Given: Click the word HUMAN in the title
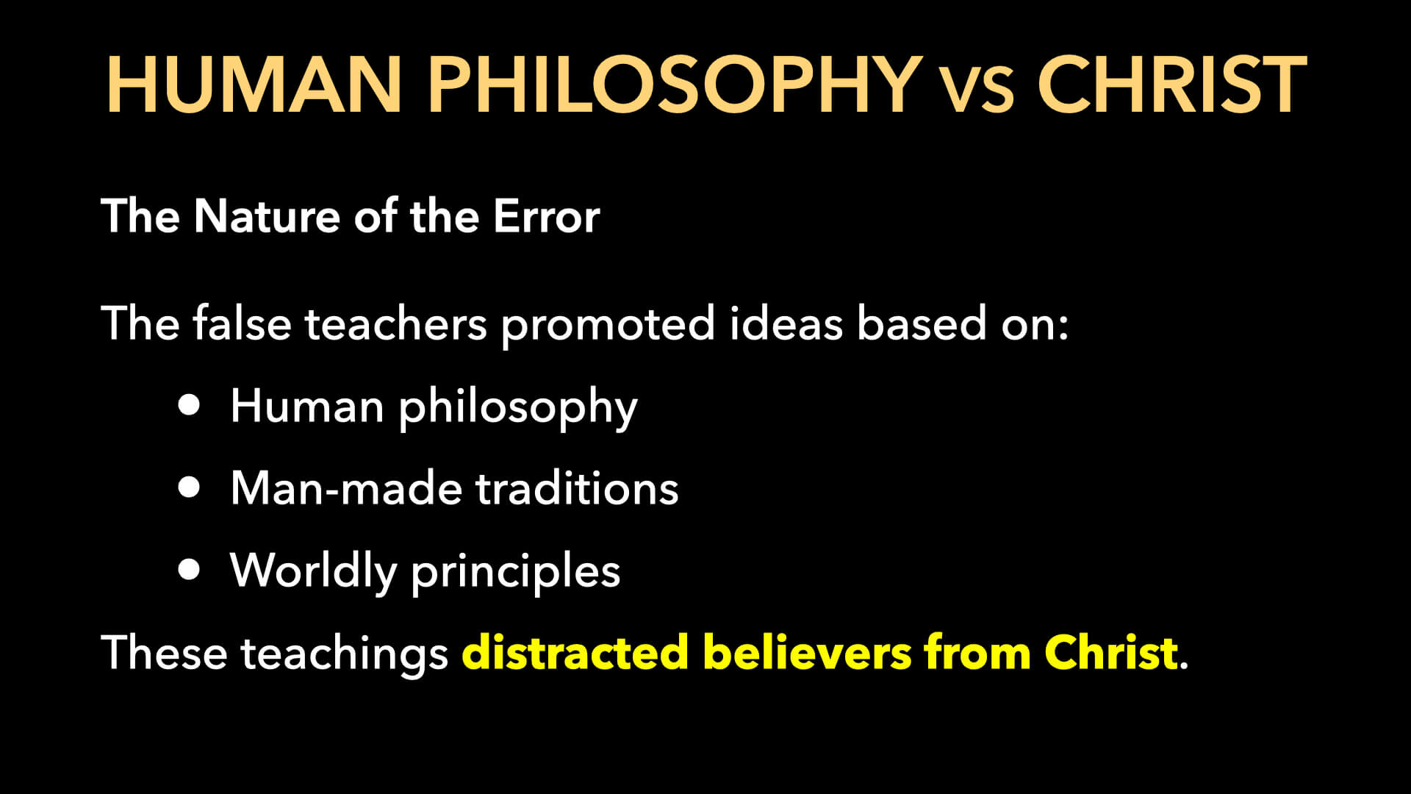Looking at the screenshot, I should tap(254, 85).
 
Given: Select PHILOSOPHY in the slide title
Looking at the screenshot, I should tap(675, 85).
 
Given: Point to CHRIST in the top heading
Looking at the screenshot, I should tap(1171, 85).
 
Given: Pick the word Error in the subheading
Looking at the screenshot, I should tap(546, 216).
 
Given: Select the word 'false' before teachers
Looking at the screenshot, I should tap(242, 323).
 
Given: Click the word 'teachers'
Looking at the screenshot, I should tap(395, 323).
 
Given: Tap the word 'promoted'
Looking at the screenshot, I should tap(608, 325).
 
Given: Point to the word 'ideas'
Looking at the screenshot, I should tap(786, 323).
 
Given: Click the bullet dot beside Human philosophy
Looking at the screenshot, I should tap(189, 405).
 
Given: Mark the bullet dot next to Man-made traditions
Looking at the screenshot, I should tap(189, 487).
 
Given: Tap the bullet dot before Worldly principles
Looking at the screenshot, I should tap(189, 569).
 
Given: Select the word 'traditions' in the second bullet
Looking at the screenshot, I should tap(577, 488).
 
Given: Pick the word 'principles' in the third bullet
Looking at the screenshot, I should tap(515, 571).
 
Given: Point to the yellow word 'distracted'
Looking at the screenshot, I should tap(575, 652).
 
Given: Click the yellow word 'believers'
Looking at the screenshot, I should tap(807, 652).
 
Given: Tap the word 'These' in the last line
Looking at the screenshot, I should tap(164, 652).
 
